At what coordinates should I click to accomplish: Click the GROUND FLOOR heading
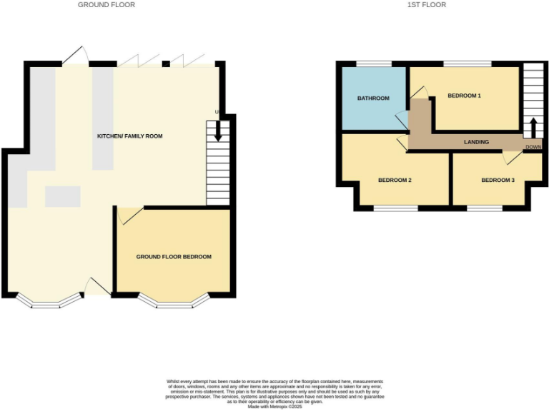coord(107,5)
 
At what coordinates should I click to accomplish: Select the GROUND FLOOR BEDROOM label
coord(174,257)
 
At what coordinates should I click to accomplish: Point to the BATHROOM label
coord(373,98)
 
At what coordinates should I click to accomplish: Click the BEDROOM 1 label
coord(464,96)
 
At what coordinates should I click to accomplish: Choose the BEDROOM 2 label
coord(395,181)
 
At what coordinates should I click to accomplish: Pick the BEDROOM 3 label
coord(498,181)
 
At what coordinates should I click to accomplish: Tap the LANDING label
coord(476,142)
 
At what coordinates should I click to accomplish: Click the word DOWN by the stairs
coord(533,147)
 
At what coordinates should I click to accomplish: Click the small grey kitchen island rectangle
coord(63,196)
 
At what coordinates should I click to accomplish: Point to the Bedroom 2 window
coord(395,208)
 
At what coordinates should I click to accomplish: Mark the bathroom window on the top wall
coord(374,64)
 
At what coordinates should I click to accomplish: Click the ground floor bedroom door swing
coord(129,215)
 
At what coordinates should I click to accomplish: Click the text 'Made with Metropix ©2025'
coord(274,406)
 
